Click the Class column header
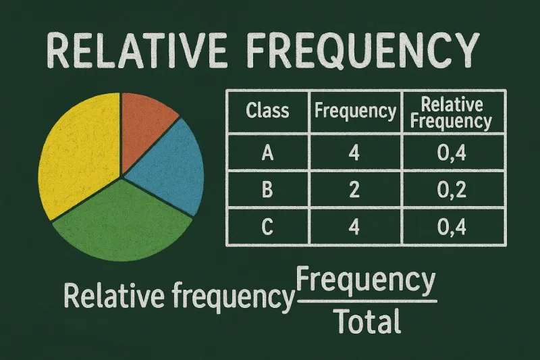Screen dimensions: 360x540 (267, 111)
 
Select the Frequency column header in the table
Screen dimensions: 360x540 (355, 111)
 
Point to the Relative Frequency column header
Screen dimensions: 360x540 (452, 112)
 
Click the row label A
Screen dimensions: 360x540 (267, 153)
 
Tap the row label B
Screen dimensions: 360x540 (267, 191)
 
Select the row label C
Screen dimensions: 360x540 (267, 228)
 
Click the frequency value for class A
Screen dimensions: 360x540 (354, 153)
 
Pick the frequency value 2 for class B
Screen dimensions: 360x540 (354, 191)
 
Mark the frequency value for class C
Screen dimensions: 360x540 (354, 228)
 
